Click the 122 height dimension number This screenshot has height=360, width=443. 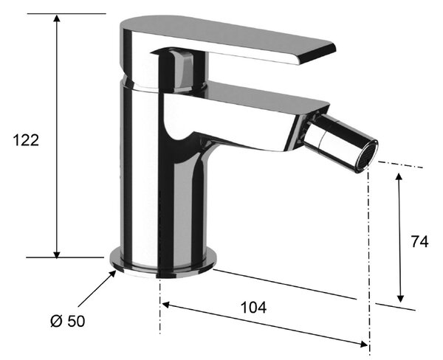26,140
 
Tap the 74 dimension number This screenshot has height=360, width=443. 419,242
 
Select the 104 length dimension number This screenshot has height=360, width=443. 253,308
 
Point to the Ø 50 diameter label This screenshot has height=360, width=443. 67,321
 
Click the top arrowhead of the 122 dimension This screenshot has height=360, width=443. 57,18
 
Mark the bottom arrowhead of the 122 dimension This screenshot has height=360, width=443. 57,254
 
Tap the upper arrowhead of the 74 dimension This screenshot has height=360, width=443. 399,177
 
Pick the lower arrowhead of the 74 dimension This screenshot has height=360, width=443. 400,298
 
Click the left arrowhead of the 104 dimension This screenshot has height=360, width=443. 166,305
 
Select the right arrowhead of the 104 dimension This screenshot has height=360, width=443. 363,344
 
